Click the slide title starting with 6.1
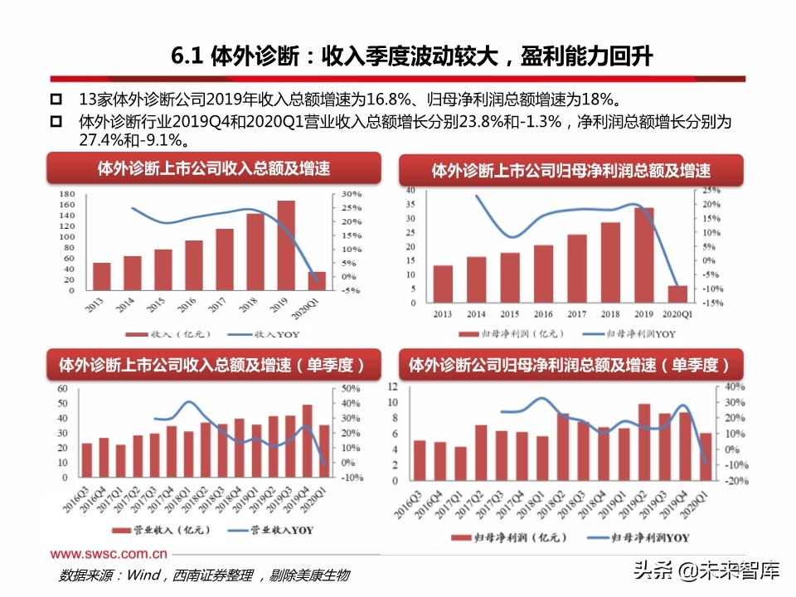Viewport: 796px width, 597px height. click(x=412, y=56)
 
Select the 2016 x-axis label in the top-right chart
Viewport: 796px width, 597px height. click(x=543, y=314)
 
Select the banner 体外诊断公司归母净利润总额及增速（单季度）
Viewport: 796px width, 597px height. click(x=570, y=365)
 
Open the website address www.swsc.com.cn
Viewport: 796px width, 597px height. click(x=109, y=554)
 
